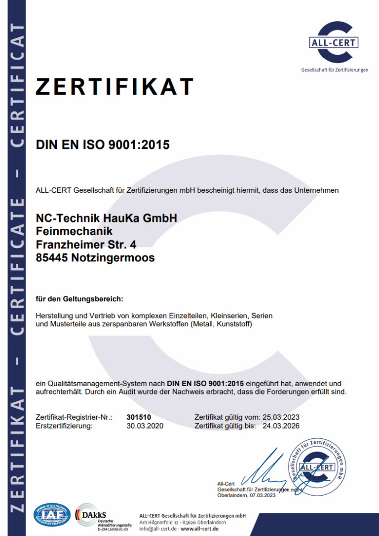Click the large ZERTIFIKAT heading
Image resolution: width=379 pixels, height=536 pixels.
click(114, 87)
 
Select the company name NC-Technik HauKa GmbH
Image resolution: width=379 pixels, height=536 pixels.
click(106, 218)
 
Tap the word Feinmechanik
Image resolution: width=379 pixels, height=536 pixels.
click(74, 231)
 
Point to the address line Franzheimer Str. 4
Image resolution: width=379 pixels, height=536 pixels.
click(86, 244)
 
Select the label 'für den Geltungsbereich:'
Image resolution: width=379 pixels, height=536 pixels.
click(79, 299)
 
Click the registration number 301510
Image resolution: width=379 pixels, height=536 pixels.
click(139, 417)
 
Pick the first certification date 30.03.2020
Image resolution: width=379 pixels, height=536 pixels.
click(145, 426)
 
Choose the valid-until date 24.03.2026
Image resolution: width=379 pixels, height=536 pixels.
click(281, 426)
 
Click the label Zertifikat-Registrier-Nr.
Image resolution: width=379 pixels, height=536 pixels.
click(74, 417)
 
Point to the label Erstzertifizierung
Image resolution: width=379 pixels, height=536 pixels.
click(64, 426)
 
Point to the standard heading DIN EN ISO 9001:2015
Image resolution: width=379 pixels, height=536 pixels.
click(103, 145)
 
